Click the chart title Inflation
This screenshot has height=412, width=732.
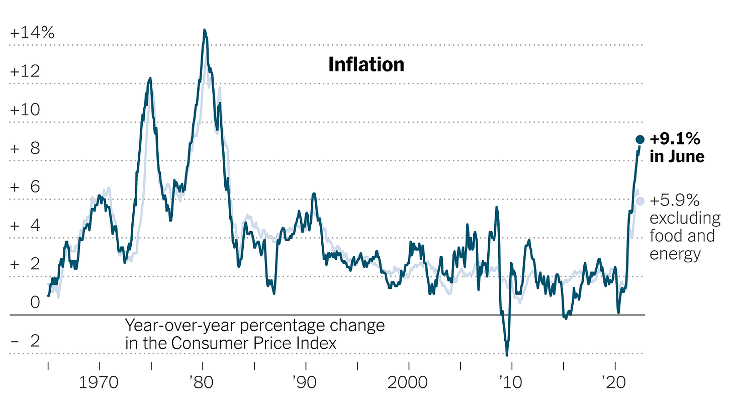tap(366, 64)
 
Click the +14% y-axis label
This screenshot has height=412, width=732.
tap(32, 33)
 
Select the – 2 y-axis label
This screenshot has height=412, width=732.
tap(25, 341)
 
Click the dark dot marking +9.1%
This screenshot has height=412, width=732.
tap(640, 139)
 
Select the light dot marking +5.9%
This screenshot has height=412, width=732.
tap(640, 201)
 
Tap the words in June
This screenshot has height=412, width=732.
tap(677, 157)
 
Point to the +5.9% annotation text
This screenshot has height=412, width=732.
tap(675, 201)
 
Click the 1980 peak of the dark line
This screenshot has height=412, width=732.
tap(204, 30)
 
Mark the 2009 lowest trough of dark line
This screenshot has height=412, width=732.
tap(507, 355)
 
